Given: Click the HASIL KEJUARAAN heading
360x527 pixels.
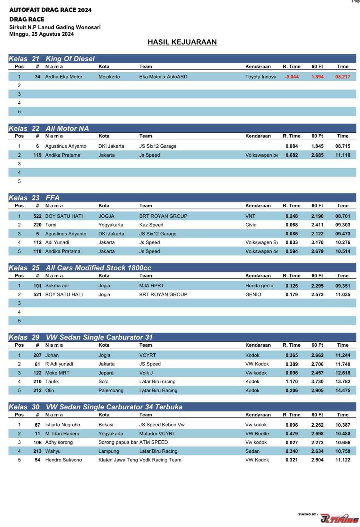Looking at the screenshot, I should click(x=182, y=42).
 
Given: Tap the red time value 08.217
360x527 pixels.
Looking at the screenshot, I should click(x=342, y=77).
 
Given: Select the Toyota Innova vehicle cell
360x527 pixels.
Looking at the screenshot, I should click(x=260, y=77).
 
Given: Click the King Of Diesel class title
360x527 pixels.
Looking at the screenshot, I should click(x=70, y=59).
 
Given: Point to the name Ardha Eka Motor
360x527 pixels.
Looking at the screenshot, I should click(x=64, y=77).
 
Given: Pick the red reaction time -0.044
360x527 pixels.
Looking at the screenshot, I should click(x=292, y=77).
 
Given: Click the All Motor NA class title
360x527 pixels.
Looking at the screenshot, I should click(x=67, y=129).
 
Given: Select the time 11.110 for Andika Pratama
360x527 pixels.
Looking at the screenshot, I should click(x=342, y=155).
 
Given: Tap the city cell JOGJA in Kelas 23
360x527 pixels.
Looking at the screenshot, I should click(x=106, y=216).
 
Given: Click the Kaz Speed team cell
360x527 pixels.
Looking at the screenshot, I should click(x=151, y=225).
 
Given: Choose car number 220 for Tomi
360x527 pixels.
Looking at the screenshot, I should click(x=37, y=225).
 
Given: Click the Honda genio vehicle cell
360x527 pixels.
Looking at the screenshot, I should click(x=259, y=286).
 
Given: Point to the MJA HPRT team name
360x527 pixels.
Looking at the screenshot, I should click(x=151, y=286).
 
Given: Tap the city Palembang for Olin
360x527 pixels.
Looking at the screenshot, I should click(x=111, y=390).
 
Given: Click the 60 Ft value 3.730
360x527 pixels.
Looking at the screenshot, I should click(x=317, y=381).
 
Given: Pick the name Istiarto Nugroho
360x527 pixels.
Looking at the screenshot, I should click(x=63, y=425).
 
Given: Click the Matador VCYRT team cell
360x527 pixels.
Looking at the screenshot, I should click(x=157, y=434).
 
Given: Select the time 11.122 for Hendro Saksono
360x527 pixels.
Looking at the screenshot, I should click(x=342, y=460).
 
